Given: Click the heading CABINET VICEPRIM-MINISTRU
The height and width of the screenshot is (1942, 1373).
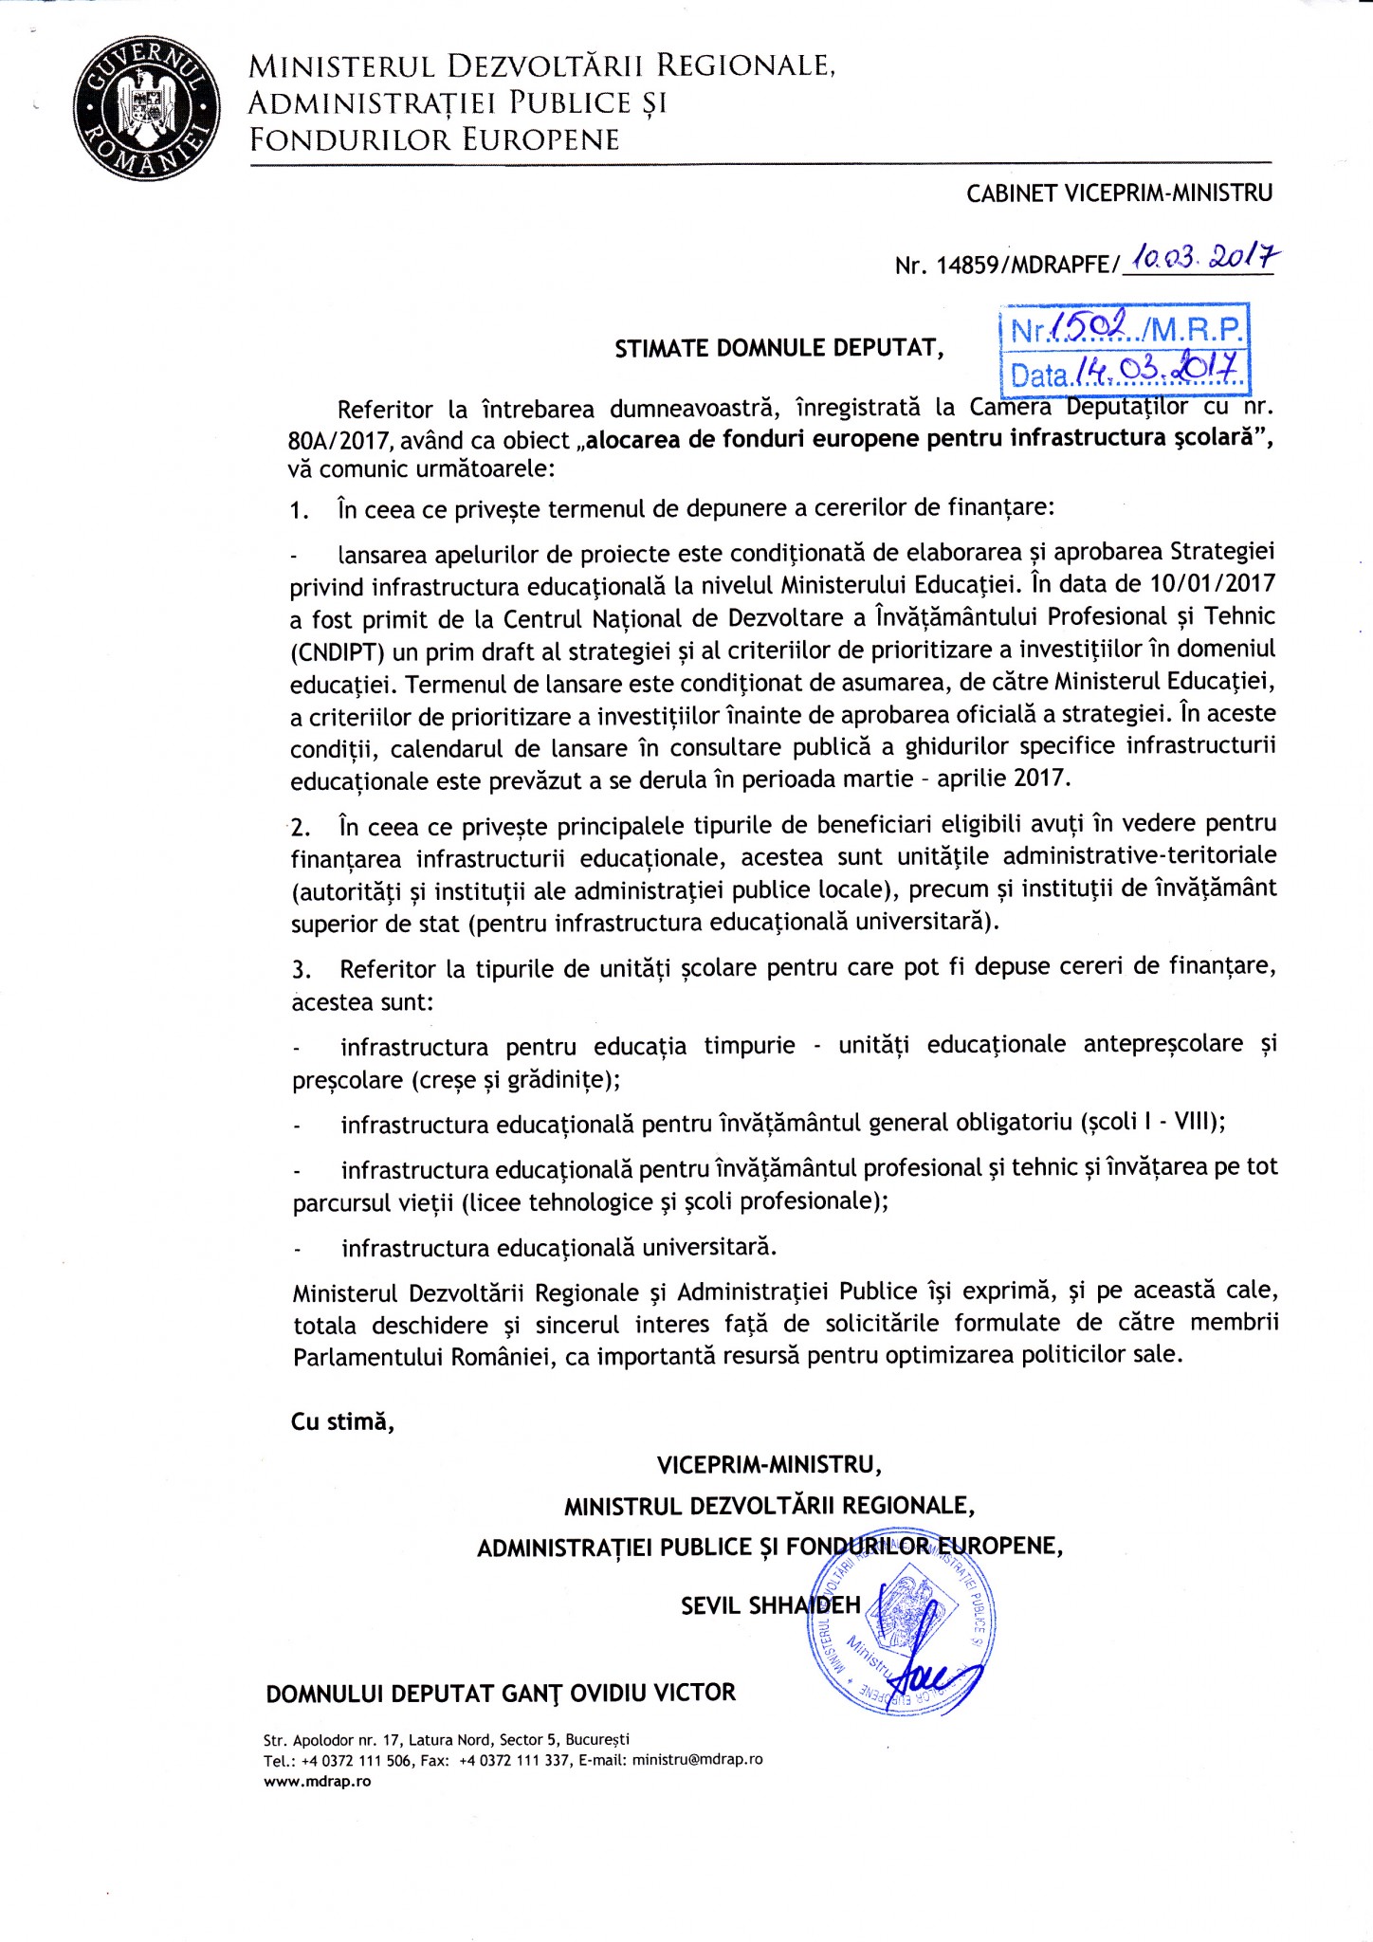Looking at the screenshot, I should click(x=1119, y=193).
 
